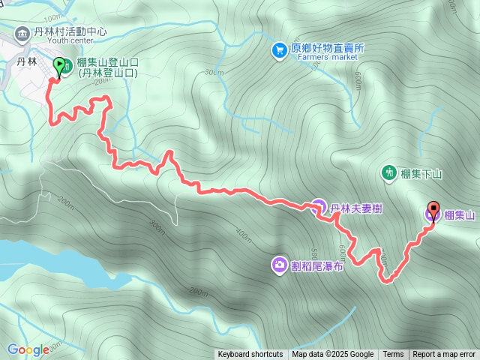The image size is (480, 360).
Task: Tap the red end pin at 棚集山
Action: (x=433, y=209)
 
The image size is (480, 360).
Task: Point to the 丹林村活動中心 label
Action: (x=70, y=33)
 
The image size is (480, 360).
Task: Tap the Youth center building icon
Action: (x=21, y=34)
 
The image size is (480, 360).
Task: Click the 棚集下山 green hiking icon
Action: (x=389, y=172)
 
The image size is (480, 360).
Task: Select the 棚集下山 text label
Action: (x=422, y=174)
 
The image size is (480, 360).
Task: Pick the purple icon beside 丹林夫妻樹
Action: (x=318, y=206)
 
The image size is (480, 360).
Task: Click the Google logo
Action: (x=28, y=349)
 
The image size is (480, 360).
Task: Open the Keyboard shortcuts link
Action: (x=250, y=355)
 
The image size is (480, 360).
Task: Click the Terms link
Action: (x=393, y=355)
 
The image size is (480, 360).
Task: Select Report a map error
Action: (x=444, y=355)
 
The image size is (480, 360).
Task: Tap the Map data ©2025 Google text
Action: (x=333, y=355)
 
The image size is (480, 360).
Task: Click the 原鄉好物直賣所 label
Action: (x=328, y=46)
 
